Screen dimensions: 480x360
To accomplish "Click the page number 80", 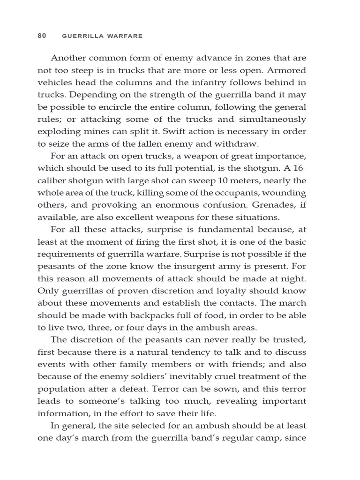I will click(x=42, y=36).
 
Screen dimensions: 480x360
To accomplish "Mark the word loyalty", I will click(x=238, y=291).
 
